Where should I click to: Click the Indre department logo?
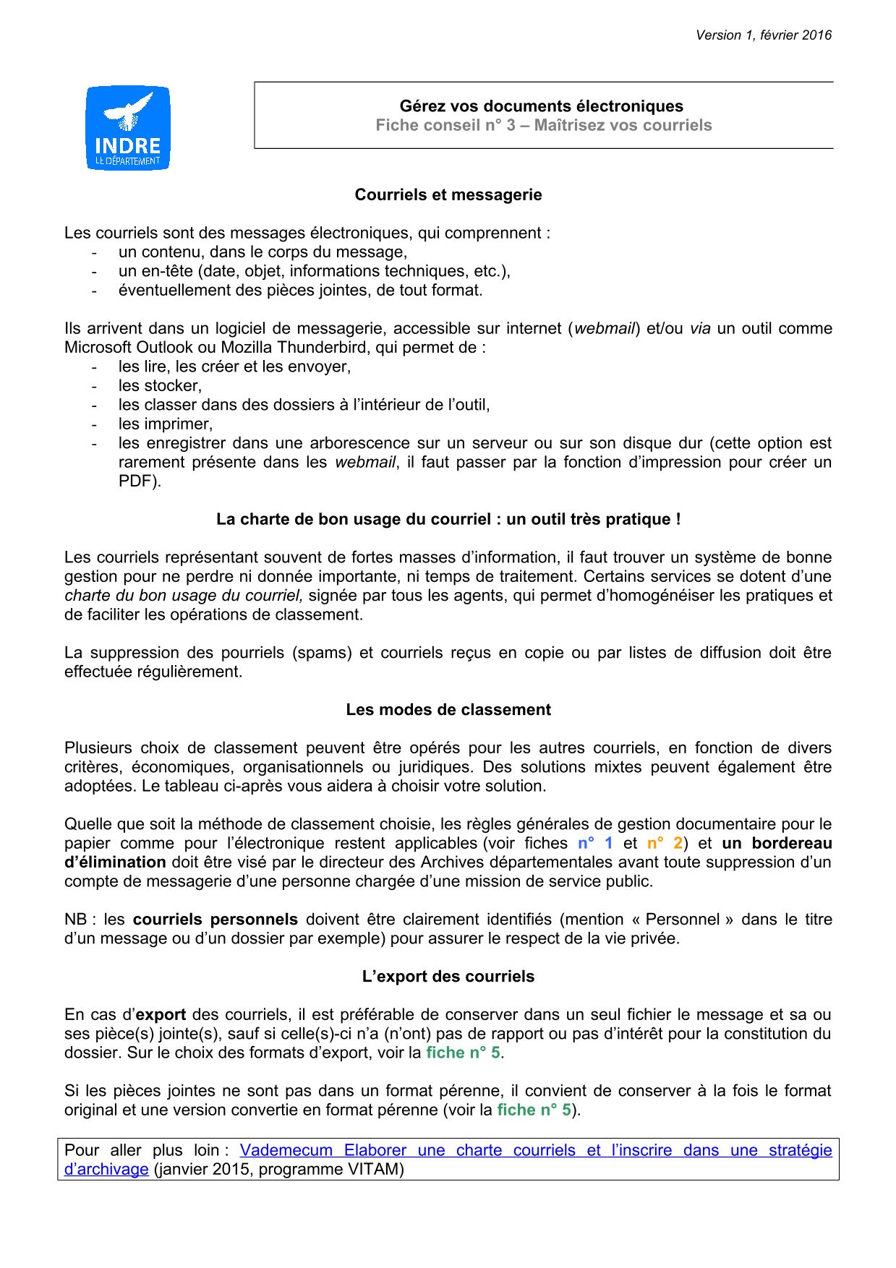pyautogui.click(x=128, y=128)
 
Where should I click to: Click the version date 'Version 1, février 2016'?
pyautogui.click(x=763, y=35)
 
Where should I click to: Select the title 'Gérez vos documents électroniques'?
pyautogui.click(x=541, y=106)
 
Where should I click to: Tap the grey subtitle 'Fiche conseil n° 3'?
pyautogui.click(x=445, y=126)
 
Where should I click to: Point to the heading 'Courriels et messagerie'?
pyautogui.click(x=448, y=195)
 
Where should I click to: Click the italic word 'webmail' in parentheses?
pyautogui.click(x=604, y=329)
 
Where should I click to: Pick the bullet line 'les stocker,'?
pyautogui.click(x=160, y=386)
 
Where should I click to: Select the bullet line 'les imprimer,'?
pyautogui.click(x=166, y=424)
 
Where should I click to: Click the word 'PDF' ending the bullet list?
pyautogui.click(x=136, y=481)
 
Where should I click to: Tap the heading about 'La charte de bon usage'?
pyautogui.click(x=448, y=520)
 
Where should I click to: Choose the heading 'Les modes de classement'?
pyautogui.click(x=448, y=710)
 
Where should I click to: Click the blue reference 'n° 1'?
pyautogui.click(x=595, y=844)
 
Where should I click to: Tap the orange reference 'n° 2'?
pyautogui.click(x=665, y=844)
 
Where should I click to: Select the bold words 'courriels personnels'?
pyautogui.click(x=216, y=920)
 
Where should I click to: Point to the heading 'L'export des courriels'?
pyautogui.click(x=448, y=977)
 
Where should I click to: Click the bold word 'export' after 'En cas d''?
pyautogui.click(x=161, y=1015)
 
